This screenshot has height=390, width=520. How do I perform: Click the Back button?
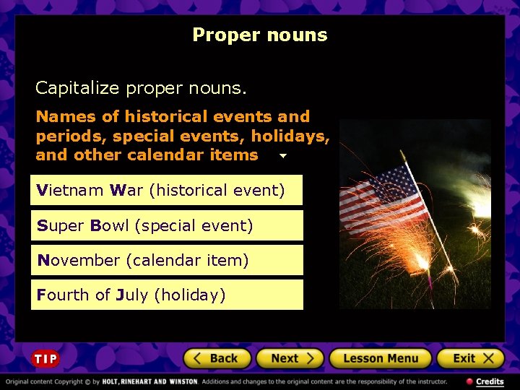coord(217,358)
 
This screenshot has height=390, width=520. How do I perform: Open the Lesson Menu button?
coord(380,358)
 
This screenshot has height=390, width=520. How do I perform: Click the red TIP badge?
coord(45,359)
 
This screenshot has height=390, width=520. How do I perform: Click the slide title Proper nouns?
coord(260,35)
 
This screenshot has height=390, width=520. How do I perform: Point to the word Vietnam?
coord(70,191)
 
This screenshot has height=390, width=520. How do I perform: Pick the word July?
coord(132,295)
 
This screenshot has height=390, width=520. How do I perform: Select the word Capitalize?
coord(77,88)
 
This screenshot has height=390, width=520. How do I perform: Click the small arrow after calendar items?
coord(282,156)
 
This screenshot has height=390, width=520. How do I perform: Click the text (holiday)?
coord(190,295)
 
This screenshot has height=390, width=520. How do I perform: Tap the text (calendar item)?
coord(187,260)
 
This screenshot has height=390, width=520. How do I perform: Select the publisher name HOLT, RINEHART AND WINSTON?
coord(149,381)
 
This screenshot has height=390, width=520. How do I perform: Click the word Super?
coord(61,226)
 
